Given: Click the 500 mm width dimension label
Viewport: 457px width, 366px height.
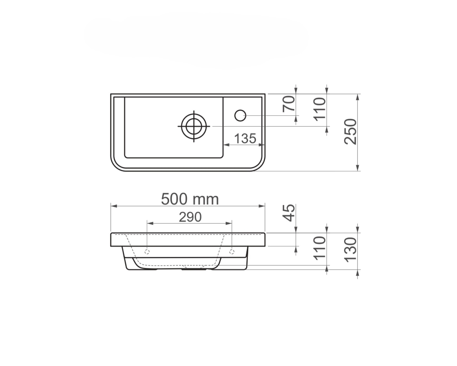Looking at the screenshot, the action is point(190,199).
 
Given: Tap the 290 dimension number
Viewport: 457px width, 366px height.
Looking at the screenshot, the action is point(190,217).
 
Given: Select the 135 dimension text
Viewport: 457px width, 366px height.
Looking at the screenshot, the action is point(245,139).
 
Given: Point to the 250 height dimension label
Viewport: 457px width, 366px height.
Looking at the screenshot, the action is point(351,131).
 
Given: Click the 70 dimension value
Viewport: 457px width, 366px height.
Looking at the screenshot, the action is point(289,104).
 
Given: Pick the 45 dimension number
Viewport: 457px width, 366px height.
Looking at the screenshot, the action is point(289,213).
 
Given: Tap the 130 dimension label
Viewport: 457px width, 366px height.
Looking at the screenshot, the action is point(351,249).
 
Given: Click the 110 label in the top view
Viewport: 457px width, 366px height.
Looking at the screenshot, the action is point(319,108).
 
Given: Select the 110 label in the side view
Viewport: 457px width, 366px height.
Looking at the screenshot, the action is point(319,248).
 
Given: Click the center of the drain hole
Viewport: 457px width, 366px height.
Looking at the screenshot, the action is point(194,126).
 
